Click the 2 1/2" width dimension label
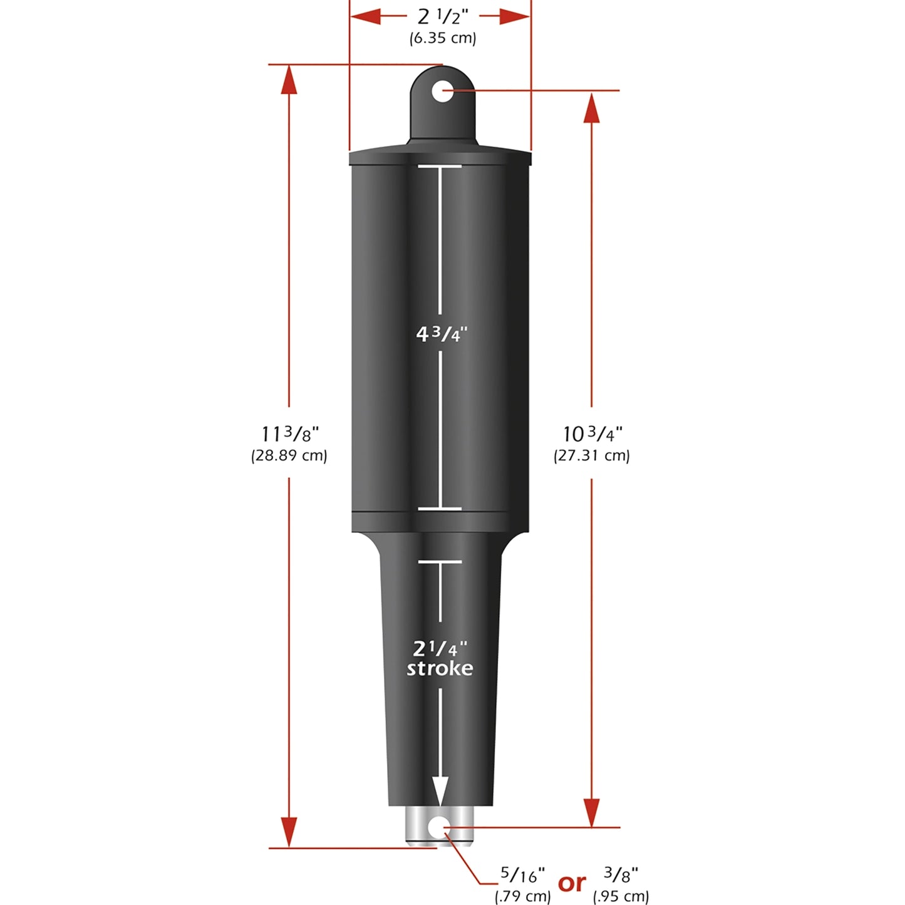pos(443,17)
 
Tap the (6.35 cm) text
pos(443,38)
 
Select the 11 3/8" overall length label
pos(289,433)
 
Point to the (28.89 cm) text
pos(289,455)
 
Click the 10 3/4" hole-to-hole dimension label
pos(592,433)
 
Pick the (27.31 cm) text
pos(592,455)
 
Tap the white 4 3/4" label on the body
pos(442,334)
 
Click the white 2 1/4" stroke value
pos(440,648)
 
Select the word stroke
pos(440,668)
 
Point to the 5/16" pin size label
pos(522,874)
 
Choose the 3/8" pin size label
pos(621,874)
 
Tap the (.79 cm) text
pos(522,896)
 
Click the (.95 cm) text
pos(621,896)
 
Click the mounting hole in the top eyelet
pos(442,91)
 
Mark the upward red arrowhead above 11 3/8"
pos(289,80)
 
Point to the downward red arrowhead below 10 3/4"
pos(591,812)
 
